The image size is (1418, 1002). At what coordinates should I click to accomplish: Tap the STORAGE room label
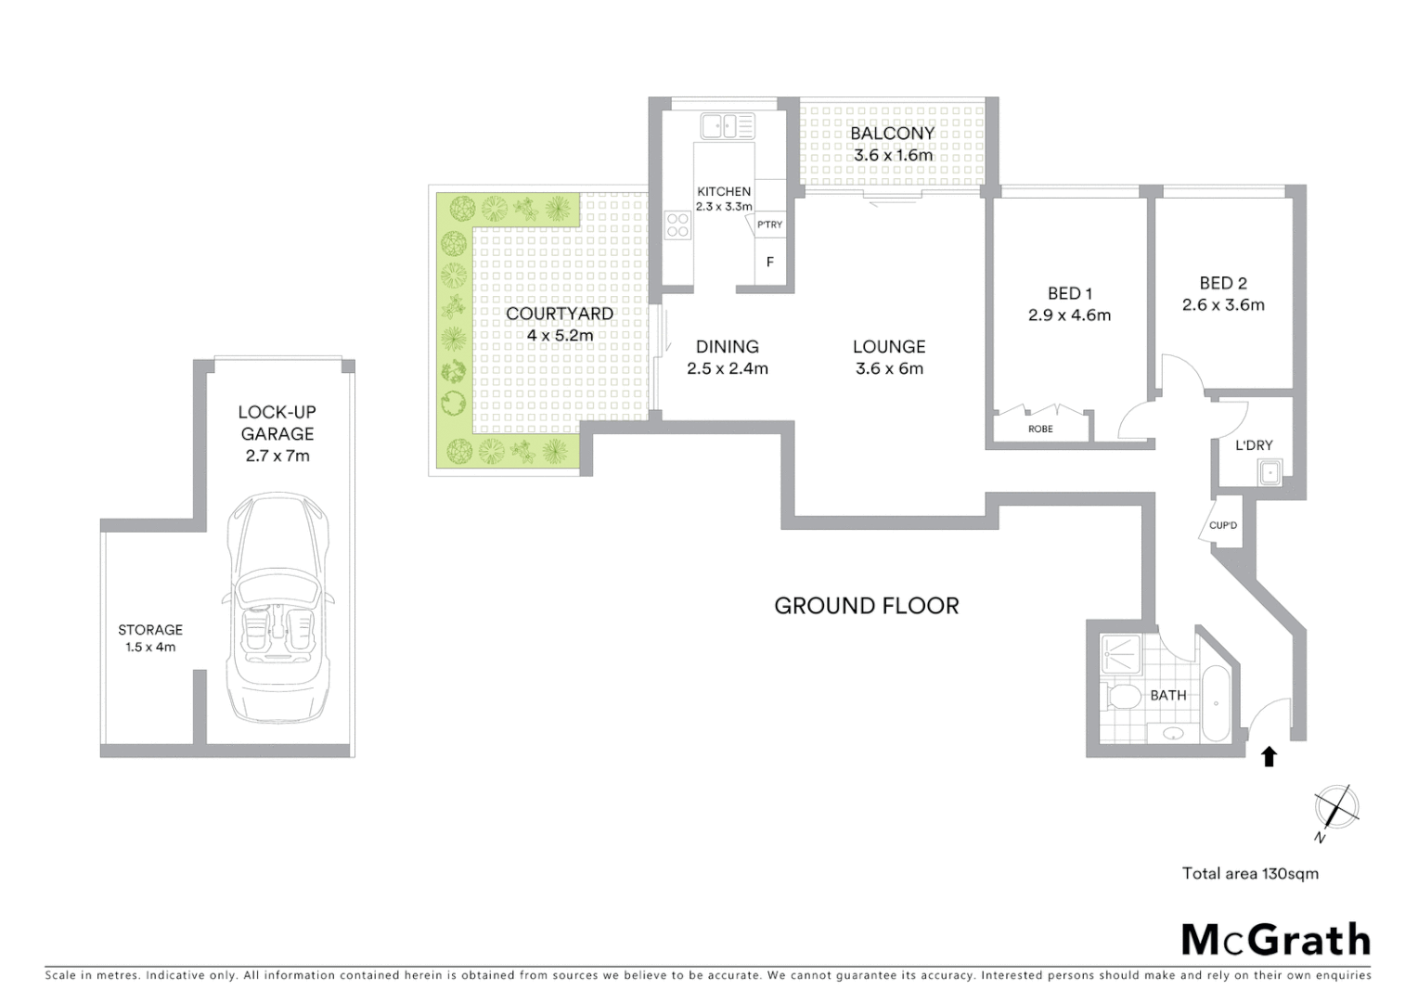coord(150,630)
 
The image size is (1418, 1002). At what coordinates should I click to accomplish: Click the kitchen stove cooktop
coord(678,225)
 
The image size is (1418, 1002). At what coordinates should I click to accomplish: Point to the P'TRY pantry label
coord(768,225)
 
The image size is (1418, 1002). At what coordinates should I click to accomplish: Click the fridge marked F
coord(769,263)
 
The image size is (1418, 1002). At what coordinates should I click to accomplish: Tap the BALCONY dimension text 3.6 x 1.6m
coord(892,156)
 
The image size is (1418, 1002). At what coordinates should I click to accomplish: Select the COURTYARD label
coord(559,314)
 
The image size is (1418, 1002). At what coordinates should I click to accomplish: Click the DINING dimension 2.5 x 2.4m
coord(727,368)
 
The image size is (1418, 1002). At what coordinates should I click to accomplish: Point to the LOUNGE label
coord(888,347)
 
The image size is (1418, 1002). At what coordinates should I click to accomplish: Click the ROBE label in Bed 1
coord(1040,429)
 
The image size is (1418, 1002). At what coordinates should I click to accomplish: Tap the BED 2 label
coord(1222,283)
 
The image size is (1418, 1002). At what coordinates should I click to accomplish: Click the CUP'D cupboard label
coord(1223,526)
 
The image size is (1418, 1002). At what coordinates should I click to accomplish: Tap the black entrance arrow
coord(1269,756)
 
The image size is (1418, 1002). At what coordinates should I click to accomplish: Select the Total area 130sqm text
coord(1249,873)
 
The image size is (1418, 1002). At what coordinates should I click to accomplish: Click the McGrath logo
coord(1275,939)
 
